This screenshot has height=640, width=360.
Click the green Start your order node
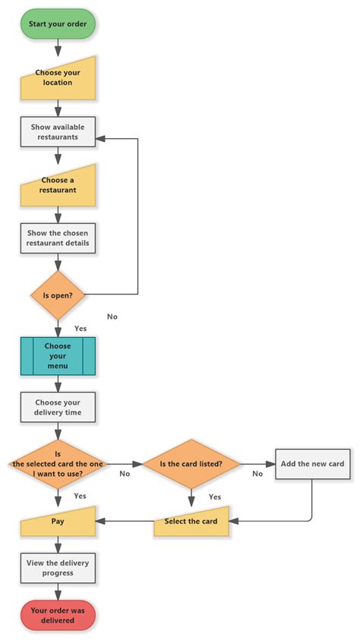[58, 24]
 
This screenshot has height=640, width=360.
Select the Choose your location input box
[58, 79]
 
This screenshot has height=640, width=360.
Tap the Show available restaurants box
[58, 131]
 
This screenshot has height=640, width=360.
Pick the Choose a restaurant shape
[58, 187]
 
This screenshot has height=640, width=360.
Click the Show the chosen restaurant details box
[58, 238]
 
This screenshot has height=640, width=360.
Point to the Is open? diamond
[58, 295]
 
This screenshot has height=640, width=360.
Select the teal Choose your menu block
[58, 356]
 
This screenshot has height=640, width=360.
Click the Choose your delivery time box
[58, 408]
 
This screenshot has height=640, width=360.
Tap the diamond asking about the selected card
[58, 463]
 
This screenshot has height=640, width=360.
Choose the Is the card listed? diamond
[191, 463]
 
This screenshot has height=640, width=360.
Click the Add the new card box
[312, 463]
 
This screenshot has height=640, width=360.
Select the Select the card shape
[191, 522]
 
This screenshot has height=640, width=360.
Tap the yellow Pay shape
[58, 522]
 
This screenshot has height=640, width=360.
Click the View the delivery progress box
[58, 568]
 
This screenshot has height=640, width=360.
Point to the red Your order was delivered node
[58, 616]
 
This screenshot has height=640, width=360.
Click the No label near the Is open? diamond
[112, 317]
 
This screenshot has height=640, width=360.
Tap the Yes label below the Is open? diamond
[80, 329]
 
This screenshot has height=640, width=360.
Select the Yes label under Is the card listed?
[214, 497]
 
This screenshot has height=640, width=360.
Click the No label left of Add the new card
[257, 474]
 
